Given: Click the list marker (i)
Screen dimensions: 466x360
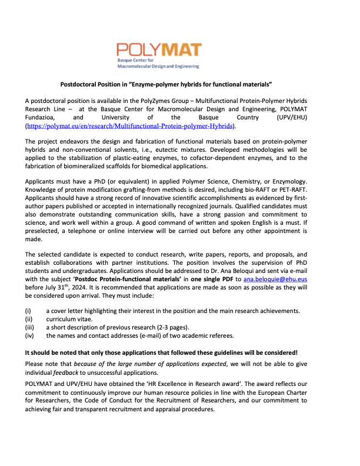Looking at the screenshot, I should pos(27,311).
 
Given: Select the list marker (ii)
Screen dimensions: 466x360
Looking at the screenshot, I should pos(28,319).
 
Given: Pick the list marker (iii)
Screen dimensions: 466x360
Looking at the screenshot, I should pos(28,327).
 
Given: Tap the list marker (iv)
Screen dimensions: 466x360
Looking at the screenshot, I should pos(28,335).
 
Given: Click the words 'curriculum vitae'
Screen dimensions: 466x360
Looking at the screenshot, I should pos(71,319).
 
